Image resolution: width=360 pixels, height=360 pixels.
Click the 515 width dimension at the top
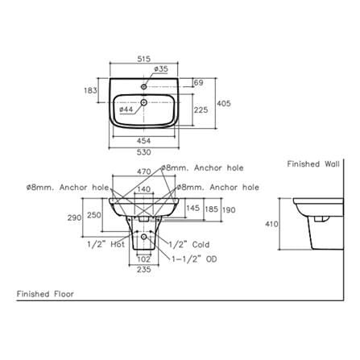click(x=144, y=59)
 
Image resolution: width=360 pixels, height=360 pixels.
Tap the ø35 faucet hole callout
click(x=161, y=68)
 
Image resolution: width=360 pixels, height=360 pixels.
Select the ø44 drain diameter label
click(x=126, y=110)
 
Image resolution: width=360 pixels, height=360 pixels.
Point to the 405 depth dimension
click(x=224, y=103)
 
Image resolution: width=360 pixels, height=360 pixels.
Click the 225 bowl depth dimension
click(x=201, y=110)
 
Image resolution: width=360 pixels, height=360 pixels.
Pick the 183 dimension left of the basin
click(x=90, y=90)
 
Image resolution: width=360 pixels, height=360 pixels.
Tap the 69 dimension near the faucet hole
click(x=199, y=83)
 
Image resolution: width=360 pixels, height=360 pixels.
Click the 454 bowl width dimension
click(x=144, y=141)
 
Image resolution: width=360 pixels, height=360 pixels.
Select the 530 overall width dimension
click(x=144, y=152)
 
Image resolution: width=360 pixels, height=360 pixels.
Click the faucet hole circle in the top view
click(x=144, y=86)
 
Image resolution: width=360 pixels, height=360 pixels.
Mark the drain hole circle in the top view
click(x=144, y=102)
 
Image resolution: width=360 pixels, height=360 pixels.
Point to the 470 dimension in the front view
click(x=144, y=172)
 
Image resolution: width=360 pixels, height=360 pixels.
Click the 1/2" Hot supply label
click(x=106, y=244)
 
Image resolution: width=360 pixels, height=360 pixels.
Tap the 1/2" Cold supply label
click(x=189, y=245)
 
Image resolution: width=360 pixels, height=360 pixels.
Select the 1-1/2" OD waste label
click(x=194, y=259)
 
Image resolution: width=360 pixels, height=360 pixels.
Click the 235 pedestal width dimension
click(x=144, y=269)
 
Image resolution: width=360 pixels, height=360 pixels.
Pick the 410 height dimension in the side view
click(x=272, y=224)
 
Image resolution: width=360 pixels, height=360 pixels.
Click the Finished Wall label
click(x=313, y=164)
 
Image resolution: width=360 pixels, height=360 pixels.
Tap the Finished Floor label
click(x=45, y=294)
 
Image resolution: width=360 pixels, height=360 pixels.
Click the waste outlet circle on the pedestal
click(x=144, y=237)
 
